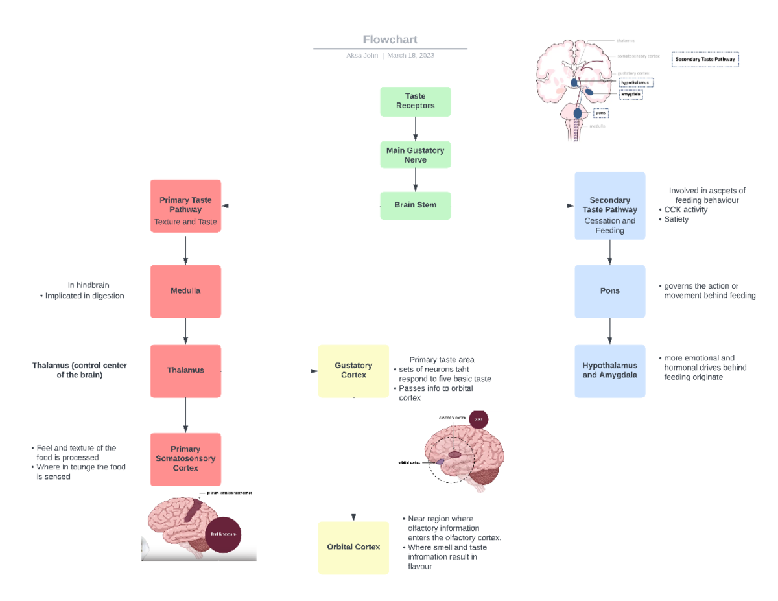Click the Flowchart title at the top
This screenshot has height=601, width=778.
pos(390,39)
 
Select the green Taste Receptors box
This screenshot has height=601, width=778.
pos(415,101)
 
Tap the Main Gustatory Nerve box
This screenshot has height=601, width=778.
pos(415,155)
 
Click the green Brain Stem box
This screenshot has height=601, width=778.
pos(415,206)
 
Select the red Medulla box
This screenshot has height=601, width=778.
pos(185,291)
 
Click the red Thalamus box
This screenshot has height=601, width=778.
pos(185,370)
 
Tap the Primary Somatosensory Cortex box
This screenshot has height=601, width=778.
pos(185,459)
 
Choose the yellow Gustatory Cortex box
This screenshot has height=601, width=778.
pos(353,371)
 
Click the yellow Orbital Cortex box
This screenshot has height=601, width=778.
pos(353,547)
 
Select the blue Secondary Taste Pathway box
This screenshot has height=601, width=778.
pos(609,206)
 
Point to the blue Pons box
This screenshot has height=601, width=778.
pos(609,291)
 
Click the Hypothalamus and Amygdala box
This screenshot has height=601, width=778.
pos(609,371)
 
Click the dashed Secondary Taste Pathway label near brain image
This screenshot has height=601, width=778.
pos(705,60)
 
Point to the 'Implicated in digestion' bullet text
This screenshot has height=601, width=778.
pos(84,296)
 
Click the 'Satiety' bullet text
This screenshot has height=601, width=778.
pos(676,219)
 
